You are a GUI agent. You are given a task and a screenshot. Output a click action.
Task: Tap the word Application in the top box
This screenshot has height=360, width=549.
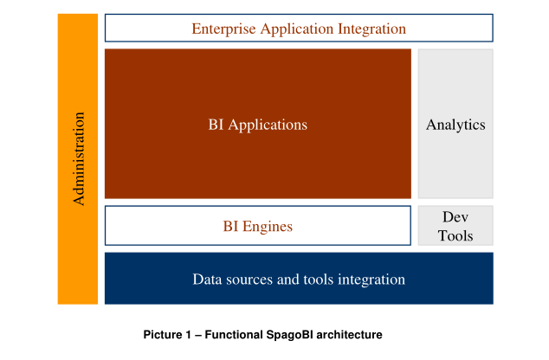point(297,29)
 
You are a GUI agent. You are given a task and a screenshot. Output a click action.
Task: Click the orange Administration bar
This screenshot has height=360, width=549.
point(78,159)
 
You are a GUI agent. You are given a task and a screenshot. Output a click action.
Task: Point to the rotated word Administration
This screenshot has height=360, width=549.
point(79,158)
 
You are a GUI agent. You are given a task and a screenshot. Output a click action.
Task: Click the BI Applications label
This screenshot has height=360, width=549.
point(258,125)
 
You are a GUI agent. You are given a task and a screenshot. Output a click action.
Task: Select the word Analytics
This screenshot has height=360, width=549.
point(455,125)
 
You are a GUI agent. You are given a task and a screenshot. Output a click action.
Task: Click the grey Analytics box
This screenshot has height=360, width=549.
point(455,124)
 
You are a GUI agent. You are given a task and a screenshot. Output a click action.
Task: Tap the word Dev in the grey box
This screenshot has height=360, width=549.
point(455,217)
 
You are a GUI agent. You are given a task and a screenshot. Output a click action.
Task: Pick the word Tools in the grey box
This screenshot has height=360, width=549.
point(455,235)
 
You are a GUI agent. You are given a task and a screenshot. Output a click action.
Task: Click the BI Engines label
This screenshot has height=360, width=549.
point(258,227)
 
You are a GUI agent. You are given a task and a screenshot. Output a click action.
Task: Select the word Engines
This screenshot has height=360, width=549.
point(268,227)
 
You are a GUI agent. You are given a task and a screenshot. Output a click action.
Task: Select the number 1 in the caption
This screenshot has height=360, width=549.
point(189,334)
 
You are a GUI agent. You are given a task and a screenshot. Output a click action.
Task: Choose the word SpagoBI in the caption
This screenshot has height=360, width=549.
point(289,335)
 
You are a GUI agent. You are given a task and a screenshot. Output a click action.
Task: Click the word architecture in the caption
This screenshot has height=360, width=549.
point(349,334)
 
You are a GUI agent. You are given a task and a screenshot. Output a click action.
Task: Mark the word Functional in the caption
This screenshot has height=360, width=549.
point(234,334)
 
